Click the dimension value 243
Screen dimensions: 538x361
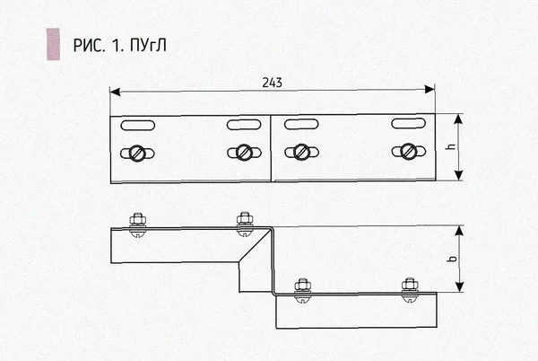pyautogui.click(x=272, y=83)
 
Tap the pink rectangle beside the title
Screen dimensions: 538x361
pyautogui.click(x=54, y=44)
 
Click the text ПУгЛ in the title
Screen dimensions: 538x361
pyautogui.click(x=148, y=45)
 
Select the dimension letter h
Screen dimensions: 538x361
pyautogui.click(x=452, y=146)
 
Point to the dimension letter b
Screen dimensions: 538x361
pyautogui.click(x=453, y=259)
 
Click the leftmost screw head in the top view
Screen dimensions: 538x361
pyautogui.click(x=137, y=154)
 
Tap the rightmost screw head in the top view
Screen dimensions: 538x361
pyautogui.click(x=409, y=152)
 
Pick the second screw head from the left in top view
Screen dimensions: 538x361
pyautogui.click(x=244, y=153)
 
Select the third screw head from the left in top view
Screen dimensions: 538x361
pyautogui.click(x=301, y=152)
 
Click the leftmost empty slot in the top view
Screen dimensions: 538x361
pyautogui.click(x=137, y=126)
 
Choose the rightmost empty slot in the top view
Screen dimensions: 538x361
pyautogui.click(x=409, y=123)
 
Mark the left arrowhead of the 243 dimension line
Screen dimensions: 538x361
pyautogui.click(x=115, y=92)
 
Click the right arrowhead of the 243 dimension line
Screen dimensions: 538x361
pyautogui.click(x=430, y=90)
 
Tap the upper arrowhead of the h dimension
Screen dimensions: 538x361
pyautogui.click(x=459, y=119)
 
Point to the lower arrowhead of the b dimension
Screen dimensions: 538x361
pyautogui.click(x=459, y=287)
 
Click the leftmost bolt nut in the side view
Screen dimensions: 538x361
pyautogui.click(x=137, y=219)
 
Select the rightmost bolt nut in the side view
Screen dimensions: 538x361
pyautogui.click(x=410, y=286)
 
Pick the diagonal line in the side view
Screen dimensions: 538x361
pyautogui.click(x=255, y=244)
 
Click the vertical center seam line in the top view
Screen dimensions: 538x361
pyautogui.click(x=271, y=148)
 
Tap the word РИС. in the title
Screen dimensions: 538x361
pyautogui.click(x=89, y=45)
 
